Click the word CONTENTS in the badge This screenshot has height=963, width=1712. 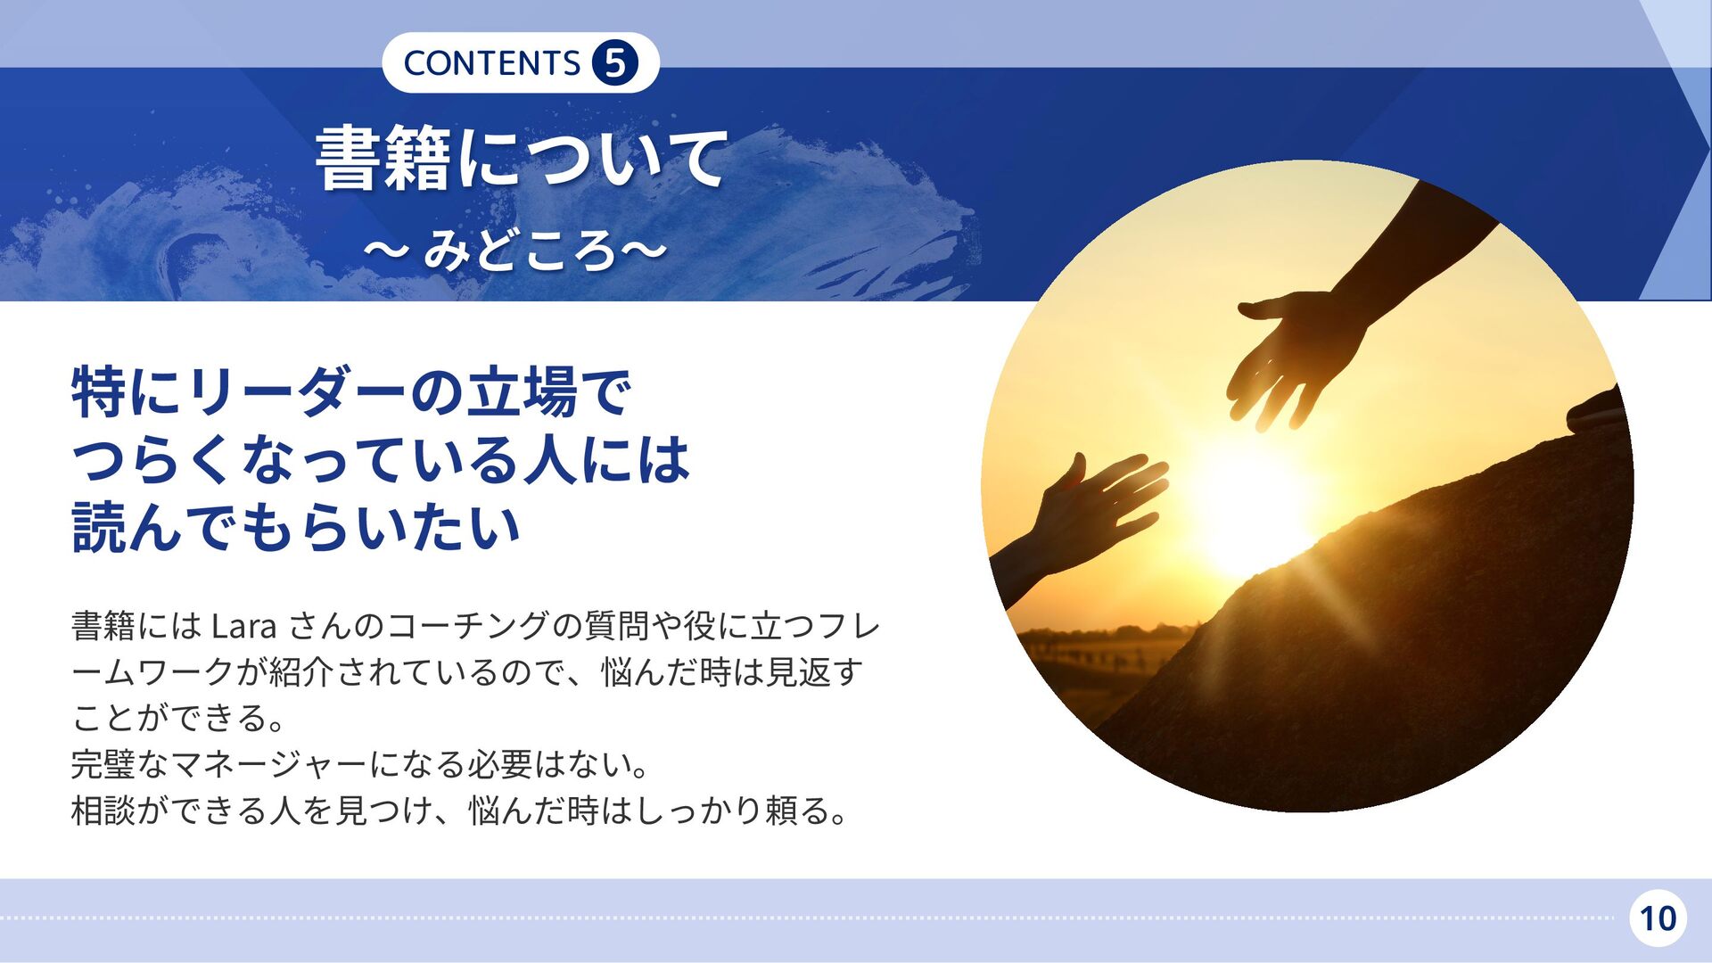tap(491, 63)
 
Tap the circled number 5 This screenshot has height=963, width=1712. tap(614, 62)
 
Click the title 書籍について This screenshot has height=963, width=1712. tap(522, 159)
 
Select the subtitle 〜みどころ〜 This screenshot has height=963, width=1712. tap(515, 251)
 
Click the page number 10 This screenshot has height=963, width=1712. tap(1658, 918)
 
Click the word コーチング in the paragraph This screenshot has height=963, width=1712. tap(468, 626)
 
